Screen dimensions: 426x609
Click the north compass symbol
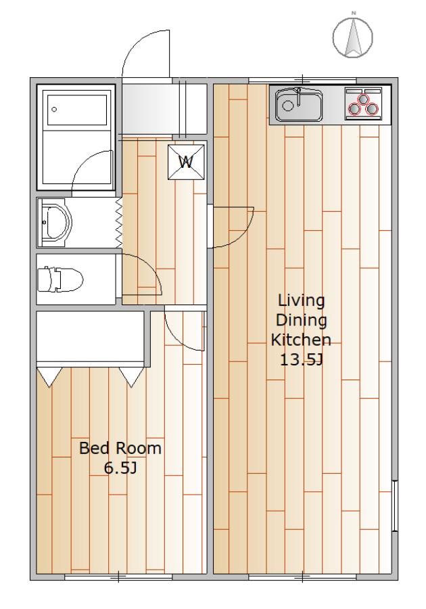click(353, 36)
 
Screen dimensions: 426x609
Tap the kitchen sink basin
click(299, 106)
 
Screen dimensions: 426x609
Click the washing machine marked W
click(186, 162)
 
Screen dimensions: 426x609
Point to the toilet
click(60, 279)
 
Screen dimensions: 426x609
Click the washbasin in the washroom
click(55, 223)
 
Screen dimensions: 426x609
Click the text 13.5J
click(302, 360)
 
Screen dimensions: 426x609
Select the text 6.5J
click(120, 468)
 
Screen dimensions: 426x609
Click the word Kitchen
click(301, 340)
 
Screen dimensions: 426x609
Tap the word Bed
click(91, 448)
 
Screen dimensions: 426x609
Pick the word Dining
click(301, 321)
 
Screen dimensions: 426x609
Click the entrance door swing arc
click(134, 45)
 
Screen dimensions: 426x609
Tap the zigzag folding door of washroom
click(119, 223)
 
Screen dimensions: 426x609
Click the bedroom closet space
click(91, 336)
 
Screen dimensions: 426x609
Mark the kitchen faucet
click(298, 97)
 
